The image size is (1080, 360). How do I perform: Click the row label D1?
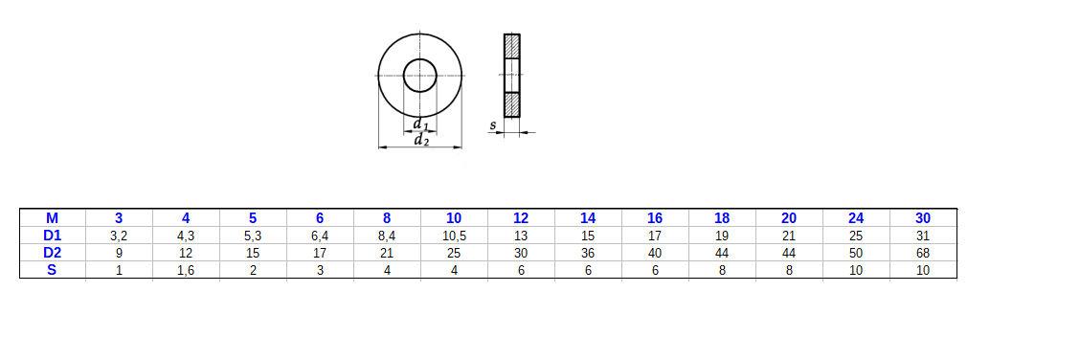click(53, 236)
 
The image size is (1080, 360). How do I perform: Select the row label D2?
click(53, 253)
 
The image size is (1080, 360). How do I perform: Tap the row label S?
click(53, 270)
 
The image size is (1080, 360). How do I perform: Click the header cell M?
click(53, 218)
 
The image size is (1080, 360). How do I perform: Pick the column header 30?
click(923, 218)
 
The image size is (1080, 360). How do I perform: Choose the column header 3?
click(119, 218)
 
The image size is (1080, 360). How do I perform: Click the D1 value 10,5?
click(454, 236)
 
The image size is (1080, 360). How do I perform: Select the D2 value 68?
click(923, 253)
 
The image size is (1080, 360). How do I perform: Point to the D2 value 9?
click(119, 253)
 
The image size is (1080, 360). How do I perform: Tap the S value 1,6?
click(186, 270)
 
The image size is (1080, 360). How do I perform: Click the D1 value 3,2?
click(119, 236)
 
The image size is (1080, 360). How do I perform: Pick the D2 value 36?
click(588, 253)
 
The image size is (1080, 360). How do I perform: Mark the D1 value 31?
click(923, 236)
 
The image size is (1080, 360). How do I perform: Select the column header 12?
click(521, 218)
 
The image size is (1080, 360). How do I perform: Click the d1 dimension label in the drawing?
click(419, 124)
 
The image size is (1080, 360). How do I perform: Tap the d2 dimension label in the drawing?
click(420, 141)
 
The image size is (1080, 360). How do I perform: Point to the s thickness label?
click(492, 125)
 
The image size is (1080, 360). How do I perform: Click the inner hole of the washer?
click(419, 74)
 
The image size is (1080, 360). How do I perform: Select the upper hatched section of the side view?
click(512, 46)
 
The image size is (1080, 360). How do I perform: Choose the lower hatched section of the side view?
click(512, 103)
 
